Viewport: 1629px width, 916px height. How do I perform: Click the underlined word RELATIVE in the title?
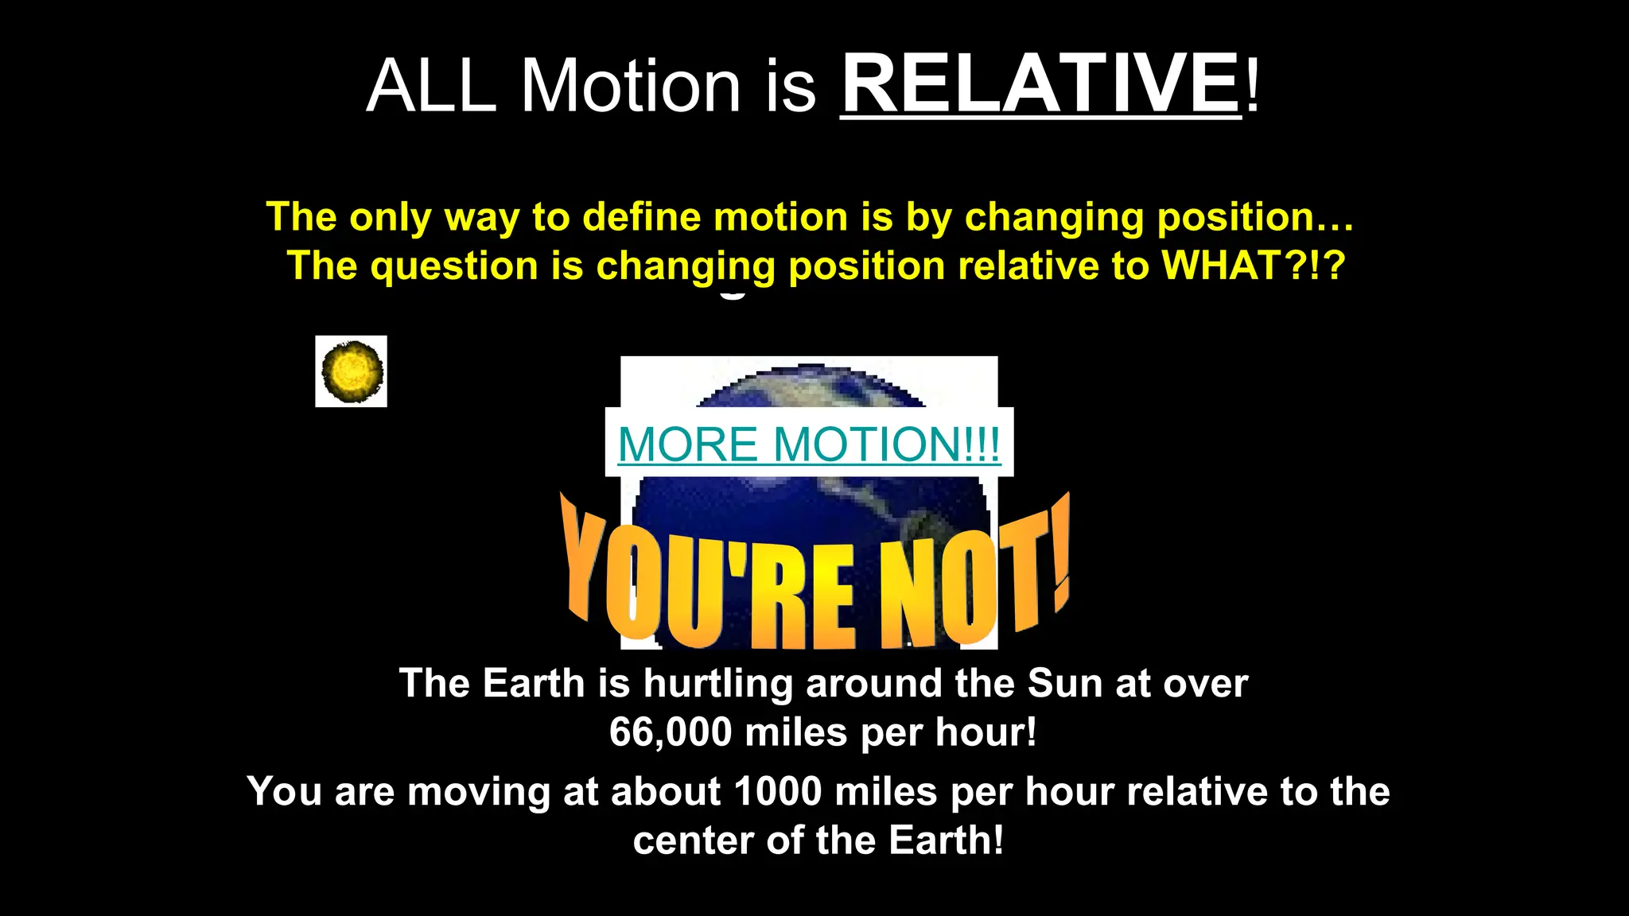pos(1040,84)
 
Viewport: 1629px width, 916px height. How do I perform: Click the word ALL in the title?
pos(431,86)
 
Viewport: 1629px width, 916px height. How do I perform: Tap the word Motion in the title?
pos(630,86)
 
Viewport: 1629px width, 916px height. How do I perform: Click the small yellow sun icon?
pos(352,371)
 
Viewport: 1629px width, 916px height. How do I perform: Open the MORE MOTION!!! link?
pos(808,444)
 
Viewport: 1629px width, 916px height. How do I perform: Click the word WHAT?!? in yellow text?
pos(1254,266)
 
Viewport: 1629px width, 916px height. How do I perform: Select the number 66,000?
pos(670,732)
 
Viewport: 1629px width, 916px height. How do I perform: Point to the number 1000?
pos(777,792)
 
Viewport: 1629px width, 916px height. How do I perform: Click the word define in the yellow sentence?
pos(641,217)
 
